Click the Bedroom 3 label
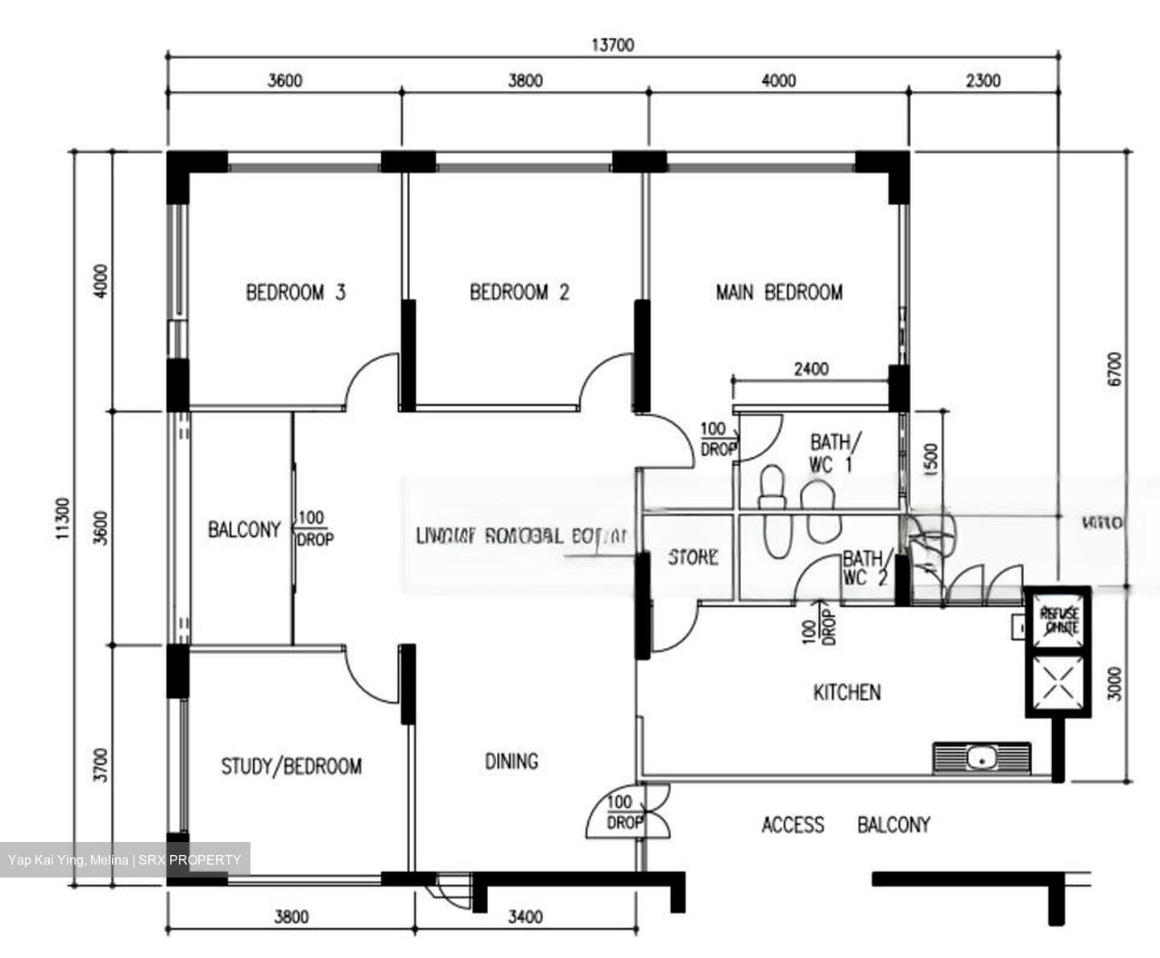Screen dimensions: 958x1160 click(x=295, y=291)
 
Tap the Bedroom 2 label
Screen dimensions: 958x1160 click(x=519, y=291)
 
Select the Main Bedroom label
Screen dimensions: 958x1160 click(x=779, y=291)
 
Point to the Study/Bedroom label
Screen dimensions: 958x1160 click(x=291, y=766)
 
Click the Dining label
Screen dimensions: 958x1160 click(x=512, y=761)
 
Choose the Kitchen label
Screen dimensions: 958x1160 click(x=847, y=692)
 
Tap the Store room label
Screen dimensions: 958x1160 click(x=693, y=557)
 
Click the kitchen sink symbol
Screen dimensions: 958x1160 click(x=981, y=758)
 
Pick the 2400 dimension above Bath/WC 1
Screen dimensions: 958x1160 click(x=810, y=370)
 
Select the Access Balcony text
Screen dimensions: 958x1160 click(x=845, y=824)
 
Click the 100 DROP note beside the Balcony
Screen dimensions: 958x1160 click(x=314, y=529)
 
